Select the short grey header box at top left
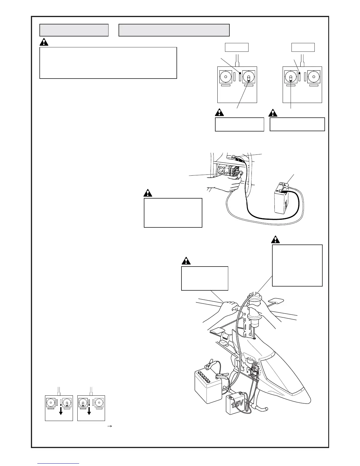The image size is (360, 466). tap(74, 30)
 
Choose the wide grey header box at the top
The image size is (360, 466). tap(174, 30)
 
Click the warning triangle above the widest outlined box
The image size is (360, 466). tap(44, 42)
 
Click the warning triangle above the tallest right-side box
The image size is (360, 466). tap(276, 239)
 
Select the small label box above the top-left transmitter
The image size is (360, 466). tap(237, 47)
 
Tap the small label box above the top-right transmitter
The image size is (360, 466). tap(303, 47)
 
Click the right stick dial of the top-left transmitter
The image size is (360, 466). tap(249, 77)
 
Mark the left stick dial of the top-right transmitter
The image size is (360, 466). tap(291, 77)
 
